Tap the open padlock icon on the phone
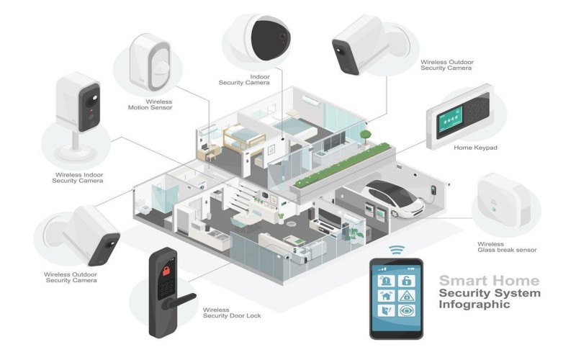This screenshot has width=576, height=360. (x=406, y=280)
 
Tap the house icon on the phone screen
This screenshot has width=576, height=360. (x=387, y=296)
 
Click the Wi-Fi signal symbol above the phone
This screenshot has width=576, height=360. (x=396, y=250)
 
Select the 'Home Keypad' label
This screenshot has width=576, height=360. (x=475, y=148)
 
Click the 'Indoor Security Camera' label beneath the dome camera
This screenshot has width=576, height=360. (x=244, y=79)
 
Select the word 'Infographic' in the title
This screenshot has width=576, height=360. (x=476, y=305)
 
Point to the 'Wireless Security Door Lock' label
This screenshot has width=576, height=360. (x=232, y=312)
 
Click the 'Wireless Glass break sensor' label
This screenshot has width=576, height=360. (x=507, y=246)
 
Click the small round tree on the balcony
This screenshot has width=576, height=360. (x=366, y=135)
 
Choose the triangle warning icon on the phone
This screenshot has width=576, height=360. (x=406, y=296)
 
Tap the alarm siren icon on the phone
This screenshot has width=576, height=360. (x=387, y=280)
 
